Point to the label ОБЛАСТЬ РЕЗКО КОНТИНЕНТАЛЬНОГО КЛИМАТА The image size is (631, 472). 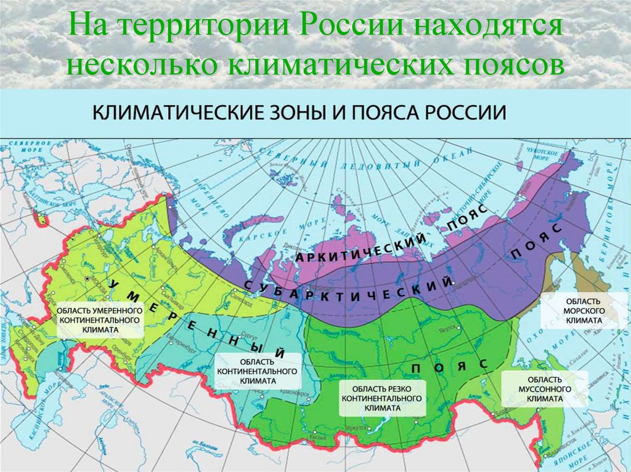click(383, 398)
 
